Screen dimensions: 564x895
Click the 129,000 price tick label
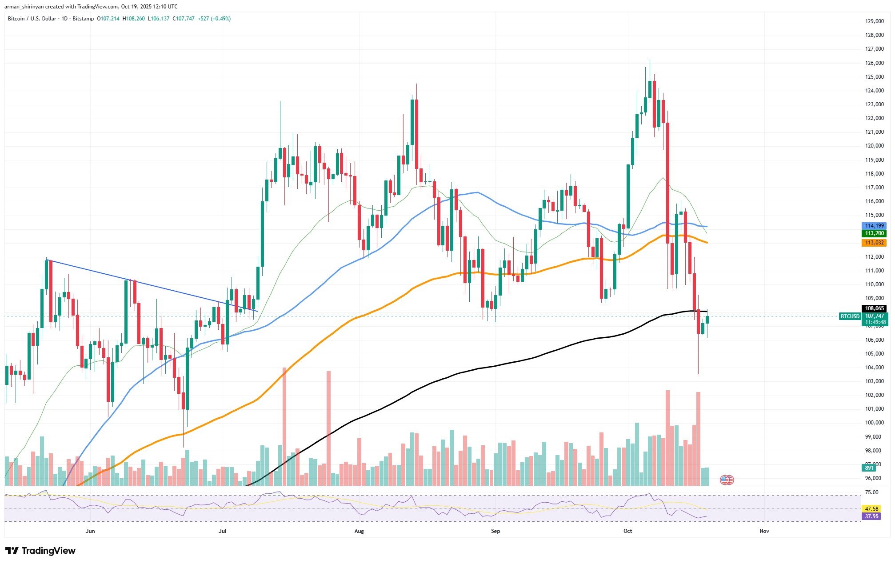(873, 21)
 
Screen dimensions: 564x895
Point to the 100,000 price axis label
(873, 423)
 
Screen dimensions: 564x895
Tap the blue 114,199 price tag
(873, 226)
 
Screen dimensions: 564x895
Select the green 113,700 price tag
(873, 233)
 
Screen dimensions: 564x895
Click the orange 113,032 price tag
(873, 243)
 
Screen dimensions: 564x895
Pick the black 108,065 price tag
(873, 308)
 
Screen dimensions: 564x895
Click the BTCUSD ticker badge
(849, 316)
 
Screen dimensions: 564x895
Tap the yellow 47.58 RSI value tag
(871, 508)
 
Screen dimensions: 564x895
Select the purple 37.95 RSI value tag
(871, 516)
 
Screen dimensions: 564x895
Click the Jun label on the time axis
(90, 531)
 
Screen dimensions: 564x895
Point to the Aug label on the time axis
(359, 531)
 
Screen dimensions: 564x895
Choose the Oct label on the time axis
(627, 531)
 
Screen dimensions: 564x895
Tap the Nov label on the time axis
(764, 531)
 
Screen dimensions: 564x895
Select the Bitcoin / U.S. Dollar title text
(33, 19)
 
